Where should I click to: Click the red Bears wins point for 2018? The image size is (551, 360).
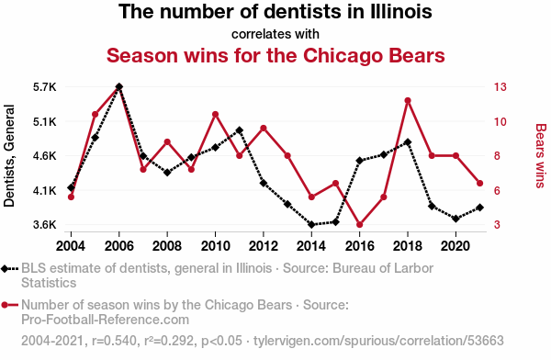[x=408, y=100]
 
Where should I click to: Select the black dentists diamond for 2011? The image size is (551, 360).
[x=240, y=130]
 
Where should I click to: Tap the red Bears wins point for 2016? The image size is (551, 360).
[x=359, y=225]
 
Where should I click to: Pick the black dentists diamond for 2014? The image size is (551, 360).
[x=311, y=225]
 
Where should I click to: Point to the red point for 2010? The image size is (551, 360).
[x=216, y=114]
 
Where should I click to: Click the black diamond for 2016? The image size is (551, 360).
[x=359, y=161]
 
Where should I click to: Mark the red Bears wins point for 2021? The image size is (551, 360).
[x=479, y=183]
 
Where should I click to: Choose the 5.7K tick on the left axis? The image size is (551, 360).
[x=45, y=87]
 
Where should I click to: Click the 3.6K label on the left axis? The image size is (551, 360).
[x=45, y=225]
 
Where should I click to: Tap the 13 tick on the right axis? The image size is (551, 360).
[x=500, y=87]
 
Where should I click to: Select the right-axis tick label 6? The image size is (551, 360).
[x=497, y=190]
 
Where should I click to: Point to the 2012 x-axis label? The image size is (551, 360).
[x=264, y=246]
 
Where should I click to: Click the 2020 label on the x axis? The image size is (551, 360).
[x=455, y=246]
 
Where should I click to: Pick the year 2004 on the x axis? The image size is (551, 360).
[x=71, y=246]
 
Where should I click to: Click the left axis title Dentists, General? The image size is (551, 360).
[x=9, y=156]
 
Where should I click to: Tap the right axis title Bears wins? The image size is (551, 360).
[x=541, y=156]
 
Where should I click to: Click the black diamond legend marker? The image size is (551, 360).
[x=5, y=269]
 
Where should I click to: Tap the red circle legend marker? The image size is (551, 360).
[x=5, y=305]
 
